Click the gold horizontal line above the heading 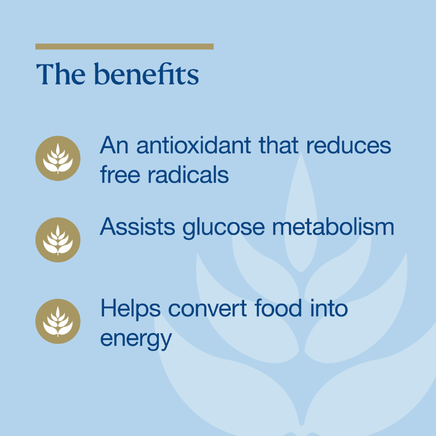(124, 47)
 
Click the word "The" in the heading (61, 74)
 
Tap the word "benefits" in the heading (146, 73)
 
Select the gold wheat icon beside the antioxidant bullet (58, 158)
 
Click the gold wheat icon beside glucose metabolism (58, 240)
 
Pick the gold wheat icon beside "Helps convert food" (58, 321)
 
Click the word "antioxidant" (194, 145)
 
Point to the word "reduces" (349, 145)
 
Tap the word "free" (120, 174)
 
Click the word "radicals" (188, 174)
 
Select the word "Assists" (138, 227)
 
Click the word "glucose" (224, 228)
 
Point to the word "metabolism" (333, 227)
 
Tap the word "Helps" (131, 310)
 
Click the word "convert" (208, 309)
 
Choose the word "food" (278, 308)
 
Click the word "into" (329, 308)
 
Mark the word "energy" (136, 339)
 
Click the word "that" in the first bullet (279, 145)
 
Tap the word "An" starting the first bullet (114, 145)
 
